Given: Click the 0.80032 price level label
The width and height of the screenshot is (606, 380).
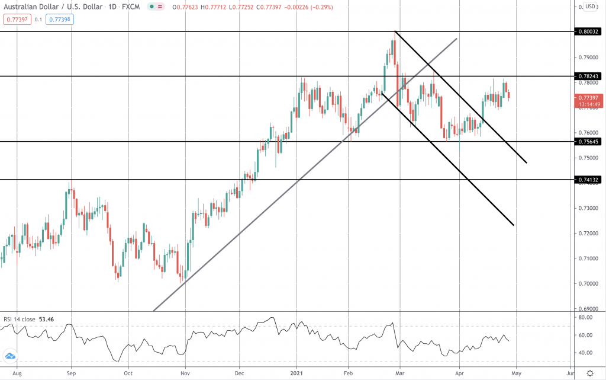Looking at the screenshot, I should (589, 31).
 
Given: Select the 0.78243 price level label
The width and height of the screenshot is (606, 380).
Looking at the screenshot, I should (589, 76).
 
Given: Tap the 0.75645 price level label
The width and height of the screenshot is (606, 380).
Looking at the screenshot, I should (589, 142).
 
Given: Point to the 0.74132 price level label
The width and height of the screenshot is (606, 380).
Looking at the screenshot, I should (589, 179).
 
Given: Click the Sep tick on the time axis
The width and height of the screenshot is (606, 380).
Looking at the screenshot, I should (71, 373).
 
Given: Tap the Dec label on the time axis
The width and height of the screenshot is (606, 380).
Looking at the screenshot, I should (240, 373).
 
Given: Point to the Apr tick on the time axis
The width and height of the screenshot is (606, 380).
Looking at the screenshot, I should (459, 373).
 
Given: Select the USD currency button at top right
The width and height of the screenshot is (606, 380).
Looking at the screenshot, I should (589, 7).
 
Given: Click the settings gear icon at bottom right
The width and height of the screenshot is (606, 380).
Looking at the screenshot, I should (589, 373).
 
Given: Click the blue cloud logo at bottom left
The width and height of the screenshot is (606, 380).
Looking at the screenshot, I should (10, 357).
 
